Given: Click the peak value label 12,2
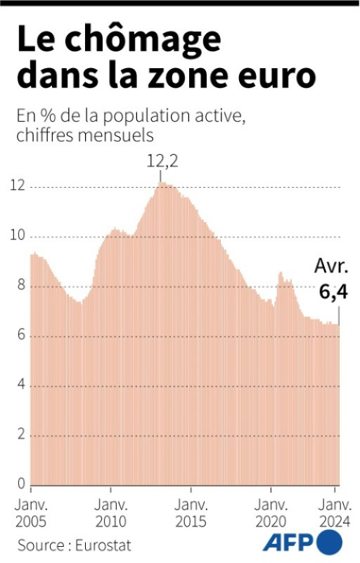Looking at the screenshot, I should [162, 161].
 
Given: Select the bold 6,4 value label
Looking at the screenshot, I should [333, 292].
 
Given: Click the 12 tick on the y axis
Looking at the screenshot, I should [18, 186].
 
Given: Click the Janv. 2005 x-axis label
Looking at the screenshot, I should [31, 513].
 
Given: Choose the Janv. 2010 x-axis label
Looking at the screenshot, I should [110, 513].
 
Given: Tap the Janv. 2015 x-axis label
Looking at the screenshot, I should [190, 513].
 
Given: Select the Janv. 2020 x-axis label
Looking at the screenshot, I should [270, 513].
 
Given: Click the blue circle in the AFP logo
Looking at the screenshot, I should [330, 543].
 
